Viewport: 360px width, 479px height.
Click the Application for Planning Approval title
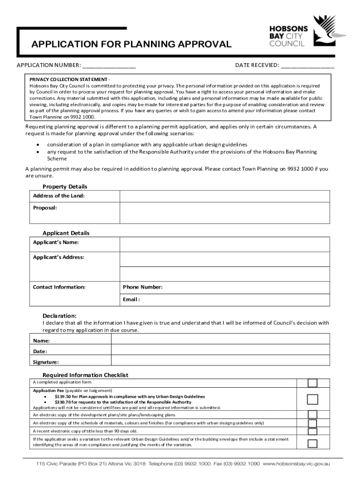131,44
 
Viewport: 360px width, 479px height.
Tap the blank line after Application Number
109,65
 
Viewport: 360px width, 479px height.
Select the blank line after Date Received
308,65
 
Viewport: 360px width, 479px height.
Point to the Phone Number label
143,287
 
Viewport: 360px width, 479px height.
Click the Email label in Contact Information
131,299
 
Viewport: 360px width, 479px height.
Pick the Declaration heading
59,315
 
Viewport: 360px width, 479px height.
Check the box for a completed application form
312,383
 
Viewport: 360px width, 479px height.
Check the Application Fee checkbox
312,399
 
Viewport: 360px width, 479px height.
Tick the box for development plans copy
312,414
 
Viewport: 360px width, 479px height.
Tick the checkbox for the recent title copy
312,431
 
